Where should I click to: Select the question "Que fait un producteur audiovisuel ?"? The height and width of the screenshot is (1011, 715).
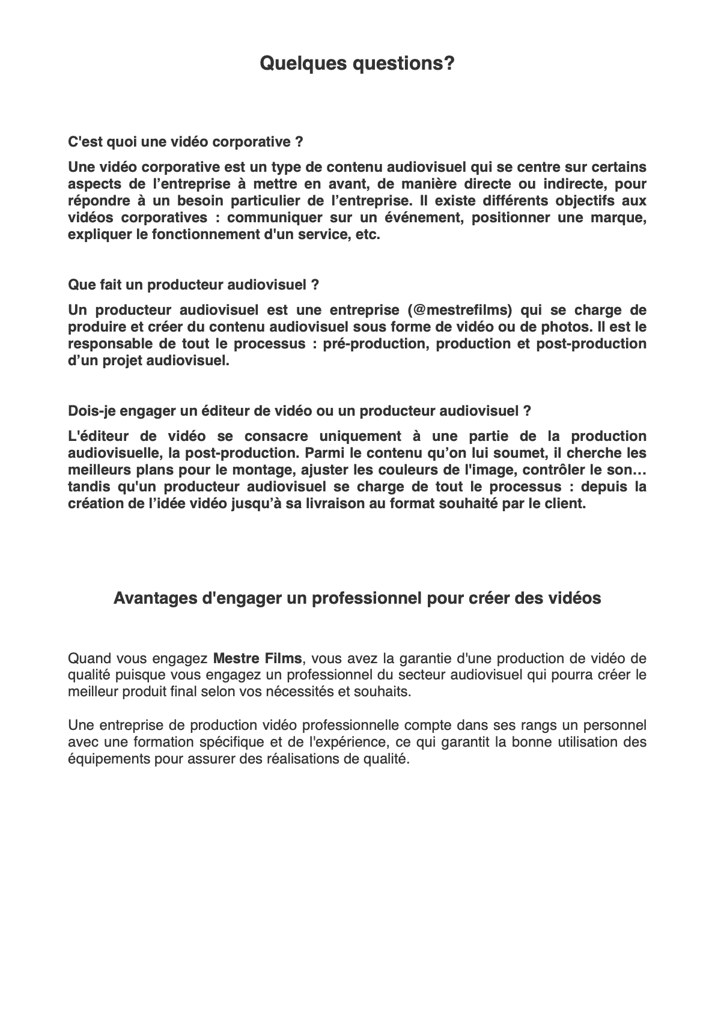coord(193,285)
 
